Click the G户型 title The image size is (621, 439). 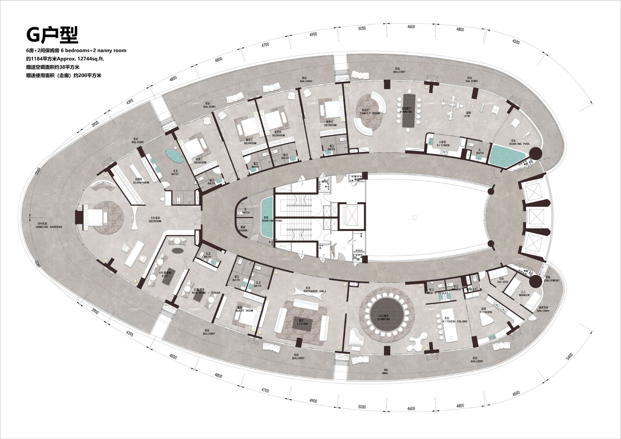pyautogui.click(x=52, y=35)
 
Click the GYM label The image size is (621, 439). pyautogui.click(x=467, y=116)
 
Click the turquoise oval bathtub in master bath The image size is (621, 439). pyautogui.click(x=174, y=156)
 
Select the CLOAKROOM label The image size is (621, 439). pyautogui.click(x=141, y=182)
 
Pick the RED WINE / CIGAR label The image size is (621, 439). pyautogui.click(x=206, y=293)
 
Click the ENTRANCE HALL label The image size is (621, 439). pyautogui.click(x=315, y=291)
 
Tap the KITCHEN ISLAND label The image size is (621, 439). pyautogui.click(x=455, y=322)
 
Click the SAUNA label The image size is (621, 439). pyautogui.click(x=243, y=230)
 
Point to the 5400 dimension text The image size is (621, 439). pyautogui.click(x=569, y=357)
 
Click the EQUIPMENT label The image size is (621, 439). pyautogui.click(x=551, y=280)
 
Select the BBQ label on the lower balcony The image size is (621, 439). pyautogui.click(x=385, y=373)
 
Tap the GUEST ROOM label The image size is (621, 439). pyautogui.click(x=244, y=311)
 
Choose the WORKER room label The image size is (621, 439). pyautogui.click(x=524, y=295)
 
